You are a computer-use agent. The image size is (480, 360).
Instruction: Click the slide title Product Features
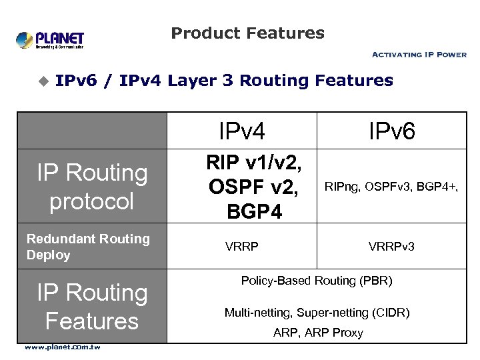(247, 33)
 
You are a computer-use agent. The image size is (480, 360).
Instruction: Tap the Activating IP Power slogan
(419, 55)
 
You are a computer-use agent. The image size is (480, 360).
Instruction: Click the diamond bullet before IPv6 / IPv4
(43, 81)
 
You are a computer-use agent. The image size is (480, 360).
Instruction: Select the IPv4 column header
(242, 131)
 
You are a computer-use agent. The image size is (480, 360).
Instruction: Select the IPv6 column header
(392, 131)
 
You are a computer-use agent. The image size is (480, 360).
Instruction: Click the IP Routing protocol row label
(92, 187)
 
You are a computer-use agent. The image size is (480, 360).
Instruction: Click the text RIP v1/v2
(254, 163)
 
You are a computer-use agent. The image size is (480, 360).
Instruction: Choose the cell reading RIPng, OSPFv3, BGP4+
(392, 187)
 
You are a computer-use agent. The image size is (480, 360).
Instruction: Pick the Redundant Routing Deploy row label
(88, 247)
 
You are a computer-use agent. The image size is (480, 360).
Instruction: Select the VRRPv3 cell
(392, 247)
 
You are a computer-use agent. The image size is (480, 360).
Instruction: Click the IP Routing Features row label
(92, 307)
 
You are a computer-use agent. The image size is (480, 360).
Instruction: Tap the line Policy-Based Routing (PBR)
(317, 281)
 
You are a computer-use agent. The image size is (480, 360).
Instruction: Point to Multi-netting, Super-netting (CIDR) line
(317, 312)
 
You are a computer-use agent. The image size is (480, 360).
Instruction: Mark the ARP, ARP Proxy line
(318, 333)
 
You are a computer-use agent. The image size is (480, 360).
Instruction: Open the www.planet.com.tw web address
(63, 347)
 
